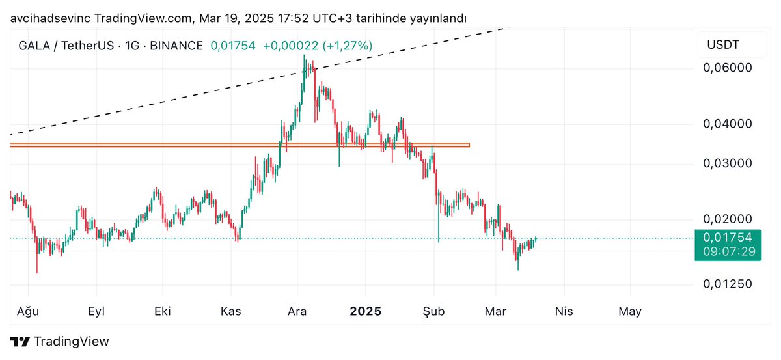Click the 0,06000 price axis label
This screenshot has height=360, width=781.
(x=728, y=68)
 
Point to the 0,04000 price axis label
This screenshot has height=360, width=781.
(x=728, y=124)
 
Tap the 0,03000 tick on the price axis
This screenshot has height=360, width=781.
(x=728, y=163)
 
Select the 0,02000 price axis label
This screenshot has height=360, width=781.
(x=728, y=219)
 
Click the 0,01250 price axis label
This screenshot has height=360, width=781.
(x=728, y=284)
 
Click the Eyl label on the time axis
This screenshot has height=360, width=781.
(x=96, y=311)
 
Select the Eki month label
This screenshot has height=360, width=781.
(x=162, y=311)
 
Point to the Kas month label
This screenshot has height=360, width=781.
(x=231, y=311)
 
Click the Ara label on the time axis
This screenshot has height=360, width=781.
(x=297, y=311)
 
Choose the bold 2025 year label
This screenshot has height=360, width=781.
(x=366, y=311)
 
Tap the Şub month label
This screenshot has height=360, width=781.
(x=433, y=311)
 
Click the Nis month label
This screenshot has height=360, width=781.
(x=564, y=311)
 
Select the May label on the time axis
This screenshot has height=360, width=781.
(x=630, y=311)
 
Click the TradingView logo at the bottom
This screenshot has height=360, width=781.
(x=60, y=342)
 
